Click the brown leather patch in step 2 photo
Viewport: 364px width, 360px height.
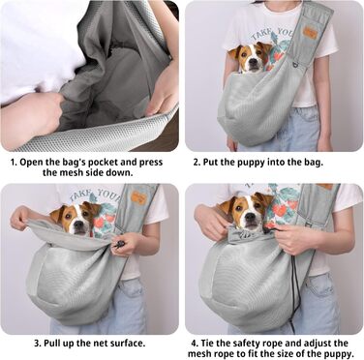tap(310, 32)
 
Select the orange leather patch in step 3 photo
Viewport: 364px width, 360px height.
tap(139, 197)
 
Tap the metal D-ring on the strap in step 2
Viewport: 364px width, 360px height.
tap(295, 66)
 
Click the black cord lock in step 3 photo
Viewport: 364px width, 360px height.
tap(120, 244)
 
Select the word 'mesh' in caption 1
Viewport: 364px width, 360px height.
tap(68, 172)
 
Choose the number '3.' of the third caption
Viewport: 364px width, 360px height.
tap(38, 343)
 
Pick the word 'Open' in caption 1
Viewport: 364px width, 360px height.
tap(30, 162)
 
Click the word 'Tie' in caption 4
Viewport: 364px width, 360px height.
tap(211, 343)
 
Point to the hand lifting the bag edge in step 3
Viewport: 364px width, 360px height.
tap(22, 218)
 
